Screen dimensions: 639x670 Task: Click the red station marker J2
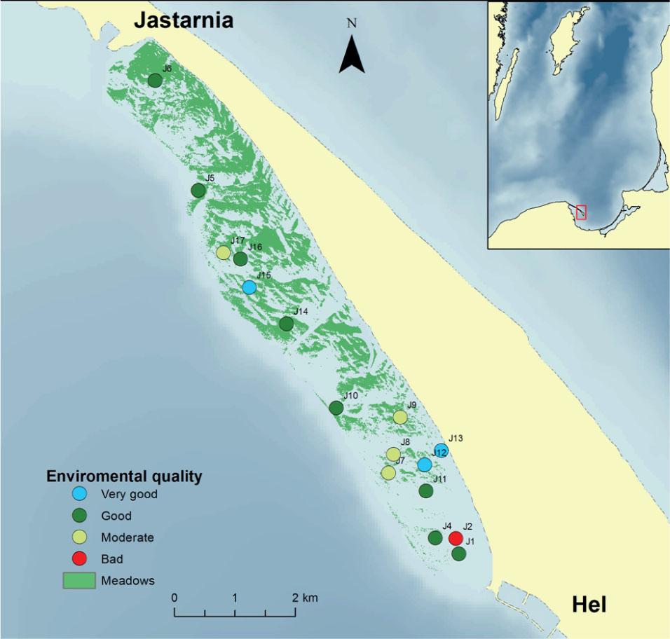(x=456, y=538)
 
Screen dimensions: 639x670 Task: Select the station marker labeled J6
(x=155, y=80)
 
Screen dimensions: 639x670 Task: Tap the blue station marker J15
(x=249, y=287)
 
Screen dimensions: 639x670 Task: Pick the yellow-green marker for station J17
(x=223, y=252)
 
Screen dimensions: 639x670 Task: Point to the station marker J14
(x=286, y=324)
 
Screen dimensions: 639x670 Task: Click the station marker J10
(x=336, y=407)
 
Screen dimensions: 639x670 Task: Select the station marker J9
(x=399, y=417)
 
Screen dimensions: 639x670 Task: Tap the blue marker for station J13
(x=441, y=450)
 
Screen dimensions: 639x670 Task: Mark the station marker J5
(x=198, y=190)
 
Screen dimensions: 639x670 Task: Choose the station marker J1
(x=459, y=554)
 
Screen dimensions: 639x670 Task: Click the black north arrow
(x=352, y=56)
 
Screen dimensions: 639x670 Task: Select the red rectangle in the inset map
(x=581, y=212)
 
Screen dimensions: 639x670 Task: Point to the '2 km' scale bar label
(x=305, y=598)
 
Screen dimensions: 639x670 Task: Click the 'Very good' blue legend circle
(x=80, y=494)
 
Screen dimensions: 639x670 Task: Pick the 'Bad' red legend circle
(x=80, y=559)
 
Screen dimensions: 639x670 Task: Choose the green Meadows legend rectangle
(x=79, y=581)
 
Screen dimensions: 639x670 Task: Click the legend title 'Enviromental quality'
(x=124, y=476)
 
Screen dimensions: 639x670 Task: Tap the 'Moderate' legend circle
(x=80, y=537)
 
